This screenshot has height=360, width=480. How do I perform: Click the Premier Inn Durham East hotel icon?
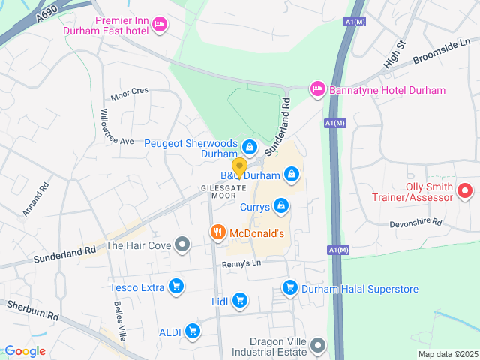point(159,25)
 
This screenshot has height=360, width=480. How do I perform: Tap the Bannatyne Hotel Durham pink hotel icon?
point(317,89)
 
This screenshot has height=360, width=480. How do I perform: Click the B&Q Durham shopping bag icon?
point(292,175)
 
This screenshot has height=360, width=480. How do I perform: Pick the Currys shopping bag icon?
point(280,205)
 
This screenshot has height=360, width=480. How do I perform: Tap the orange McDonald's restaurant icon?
point(217,232)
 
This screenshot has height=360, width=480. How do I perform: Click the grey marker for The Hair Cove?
point(181,244)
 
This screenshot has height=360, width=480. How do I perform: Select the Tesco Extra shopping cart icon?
point(176,286)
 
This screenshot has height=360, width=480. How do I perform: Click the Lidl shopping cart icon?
point(239,301)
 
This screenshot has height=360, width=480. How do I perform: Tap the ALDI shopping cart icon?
point(193,330)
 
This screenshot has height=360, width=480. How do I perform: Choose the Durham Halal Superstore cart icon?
point(289,287)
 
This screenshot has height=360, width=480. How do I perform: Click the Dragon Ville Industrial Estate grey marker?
point(318,346)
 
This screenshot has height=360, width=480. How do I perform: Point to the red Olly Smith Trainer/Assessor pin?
point(465,191)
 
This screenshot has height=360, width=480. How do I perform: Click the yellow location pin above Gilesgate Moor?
point(239,167)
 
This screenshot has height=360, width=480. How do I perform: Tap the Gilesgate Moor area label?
point(218,191)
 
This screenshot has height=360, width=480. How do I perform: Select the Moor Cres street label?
point(130,93)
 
